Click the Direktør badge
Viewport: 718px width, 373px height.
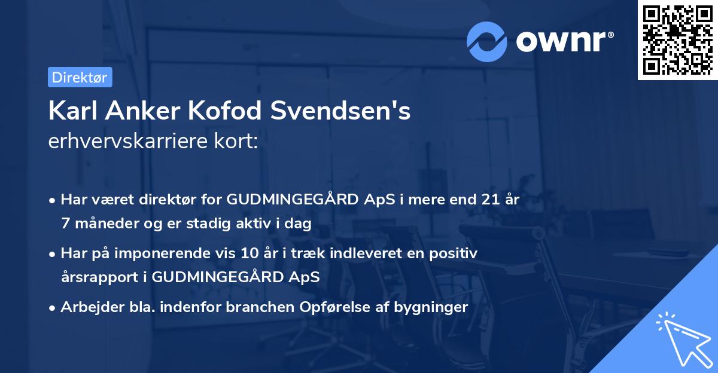point(80,77)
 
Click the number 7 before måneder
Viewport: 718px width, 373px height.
point(65,224)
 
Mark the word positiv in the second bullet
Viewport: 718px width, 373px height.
point(454,253)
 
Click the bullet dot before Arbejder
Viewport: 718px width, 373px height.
point(53,308)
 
